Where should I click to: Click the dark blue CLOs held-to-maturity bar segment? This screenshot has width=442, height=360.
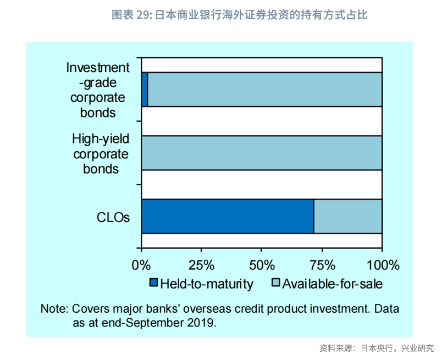[228, 217]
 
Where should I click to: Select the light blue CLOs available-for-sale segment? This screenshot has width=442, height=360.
[348, 217]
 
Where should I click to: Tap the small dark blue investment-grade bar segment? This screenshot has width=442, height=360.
[145, 90]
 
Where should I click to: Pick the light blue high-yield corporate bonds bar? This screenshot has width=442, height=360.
[262, 153]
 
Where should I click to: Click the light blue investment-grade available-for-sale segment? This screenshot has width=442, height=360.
[265, 90]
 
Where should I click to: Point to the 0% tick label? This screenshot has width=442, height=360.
[141, 265]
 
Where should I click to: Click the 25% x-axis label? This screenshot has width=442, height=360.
[201, 265]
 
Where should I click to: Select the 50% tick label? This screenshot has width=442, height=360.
[262, 265]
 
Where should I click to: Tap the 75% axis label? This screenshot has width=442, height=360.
[323, 265]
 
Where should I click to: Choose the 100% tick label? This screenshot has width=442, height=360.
[383, 265]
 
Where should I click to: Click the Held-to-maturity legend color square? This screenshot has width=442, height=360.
[153, 283]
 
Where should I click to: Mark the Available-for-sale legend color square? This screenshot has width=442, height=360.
[275, 283]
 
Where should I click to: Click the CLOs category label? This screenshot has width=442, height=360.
[113, 217]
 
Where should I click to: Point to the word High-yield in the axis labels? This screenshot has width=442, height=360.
[101, 139]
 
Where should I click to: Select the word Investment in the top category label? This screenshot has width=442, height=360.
[98, 68]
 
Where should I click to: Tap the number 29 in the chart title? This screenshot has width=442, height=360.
[142, 15]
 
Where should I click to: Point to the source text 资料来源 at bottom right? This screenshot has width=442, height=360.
[335, 348]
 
